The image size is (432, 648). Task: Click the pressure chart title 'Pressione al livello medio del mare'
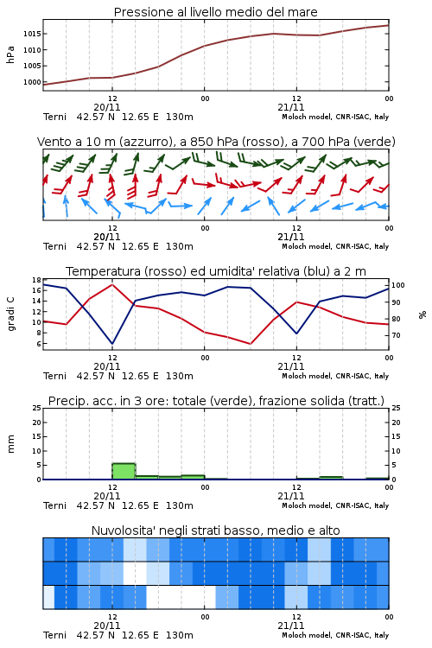pyautogui.click(x=215, y=12)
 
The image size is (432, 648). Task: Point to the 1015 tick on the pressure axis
pyautogui.click(x=32, y=34)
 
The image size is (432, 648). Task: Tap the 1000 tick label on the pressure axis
pyautogui.click(x=32, y=82)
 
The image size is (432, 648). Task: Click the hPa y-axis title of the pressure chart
pyautogui.click(x=10, y=54)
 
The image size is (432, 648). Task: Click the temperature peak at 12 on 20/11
pyautogui.click(x=112, y=284)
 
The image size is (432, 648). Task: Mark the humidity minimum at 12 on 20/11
pyautogui.click(x=112, y=343)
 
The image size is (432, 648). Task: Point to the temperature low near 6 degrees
pyautogui.click(x=250, y=343)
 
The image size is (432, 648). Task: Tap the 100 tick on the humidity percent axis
pyautogui.click(x=398, y=285)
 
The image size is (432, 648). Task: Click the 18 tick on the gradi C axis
pyautogui.click(x=36, y=280)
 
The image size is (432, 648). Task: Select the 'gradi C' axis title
pyautogui.click(x=11, y=314)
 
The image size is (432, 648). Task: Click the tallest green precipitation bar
pyautogui.click(x=124, y=471)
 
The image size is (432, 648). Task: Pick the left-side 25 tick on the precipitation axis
pyautogui.click(x=36, y=408)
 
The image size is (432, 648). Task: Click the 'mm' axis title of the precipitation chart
pyautogui.click(x=11, y=443)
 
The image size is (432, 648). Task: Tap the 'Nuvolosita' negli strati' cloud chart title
pyautogui.click(x=156, y=530)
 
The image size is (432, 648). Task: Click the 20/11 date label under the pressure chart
pyautogui.click(x=107, y=107)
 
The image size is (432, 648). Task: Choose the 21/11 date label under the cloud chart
pyautogui.click(x=291, y=626)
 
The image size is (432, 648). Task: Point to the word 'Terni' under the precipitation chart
pyautogui.click(x=54, y=505)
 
